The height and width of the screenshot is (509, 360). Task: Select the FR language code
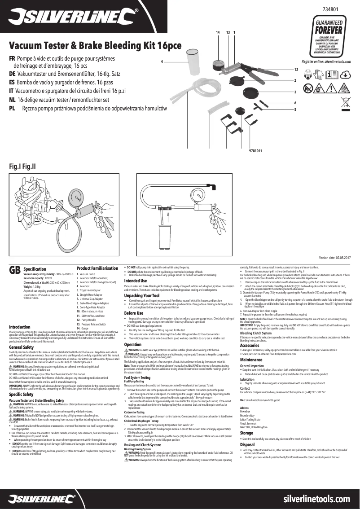click(x=13, y=59)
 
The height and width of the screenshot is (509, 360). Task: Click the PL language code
click(x=13, y=109)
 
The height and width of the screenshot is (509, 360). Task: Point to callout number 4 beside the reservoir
click(x=162, y=61)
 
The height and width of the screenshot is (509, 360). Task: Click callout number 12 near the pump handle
click(x=296, y=70)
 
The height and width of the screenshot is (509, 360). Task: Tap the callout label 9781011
click(x=255, y=151)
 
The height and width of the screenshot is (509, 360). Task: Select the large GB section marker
click(x=15, y=270)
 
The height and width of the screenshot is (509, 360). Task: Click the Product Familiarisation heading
click(x=97, y=268)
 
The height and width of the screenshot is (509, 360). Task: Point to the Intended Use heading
click(x=135, y=281)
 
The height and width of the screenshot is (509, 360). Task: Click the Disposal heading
click(x=247, y=444)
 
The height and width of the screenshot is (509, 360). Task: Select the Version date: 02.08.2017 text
click(x=334, y=258)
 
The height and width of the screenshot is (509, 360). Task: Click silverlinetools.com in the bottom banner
click(x=317, y=499)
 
